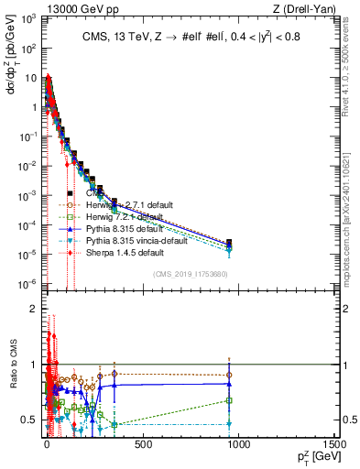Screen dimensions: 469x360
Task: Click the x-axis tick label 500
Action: (x=141, y=446)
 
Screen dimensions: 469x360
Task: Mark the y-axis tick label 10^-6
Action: (x=27, y=283)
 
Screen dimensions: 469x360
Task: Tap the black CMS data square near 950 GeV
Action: (x=228, y=242)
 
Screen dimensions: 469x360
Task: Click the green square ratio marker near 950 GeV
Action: (x=228, y=400)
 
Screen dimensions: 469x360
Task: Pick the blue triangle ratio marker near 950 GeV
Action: (x=228, y=384)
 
